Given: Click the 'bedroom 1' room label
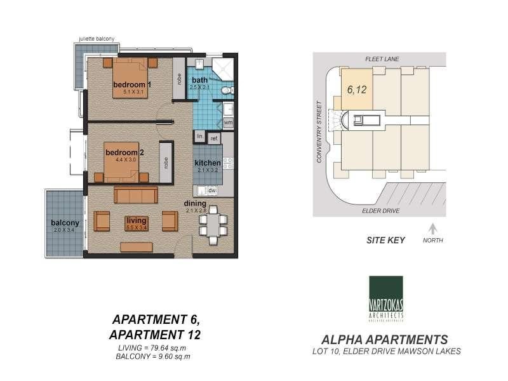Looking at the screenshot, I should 131,85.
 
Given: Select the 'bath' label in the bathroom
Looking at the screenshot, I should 199,80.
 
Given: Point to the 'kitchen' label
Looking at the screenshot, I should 208,163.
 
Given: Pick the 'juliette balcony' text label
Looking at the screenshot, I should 97,39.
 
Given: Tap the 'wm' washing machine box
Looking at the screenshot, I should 228,122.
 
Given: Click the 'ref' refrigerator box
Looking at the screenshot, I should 214,138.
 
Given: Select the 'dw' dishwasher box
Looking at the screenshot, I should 212,190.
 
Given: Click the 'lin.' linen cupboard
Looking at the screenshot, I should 199,137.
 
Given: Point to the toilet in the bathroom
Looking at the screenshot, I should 227,92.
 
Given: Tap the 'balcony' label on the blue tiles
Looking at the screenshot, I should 65,223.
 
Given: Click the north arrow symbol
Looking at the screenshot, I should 433,229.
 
